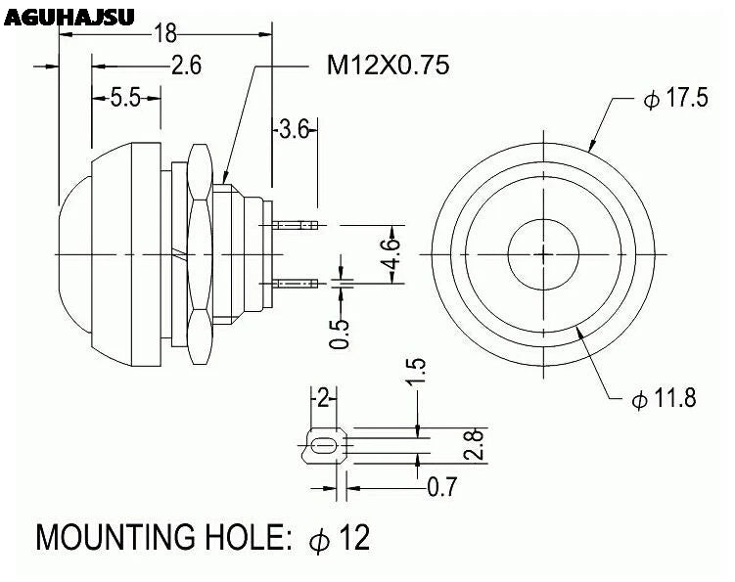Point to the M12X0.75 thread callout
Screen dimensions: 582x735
(x=388, y=66)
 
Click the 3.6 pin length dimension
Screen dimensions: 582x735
(x=294, y=128)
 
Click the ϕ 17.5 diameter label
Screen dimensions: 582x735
(x=675, y=101)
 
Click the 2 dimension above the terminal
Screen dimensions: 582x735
(x=323, y=397)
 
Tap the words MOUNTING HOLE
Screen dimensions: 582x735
(x=161, y=538)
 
